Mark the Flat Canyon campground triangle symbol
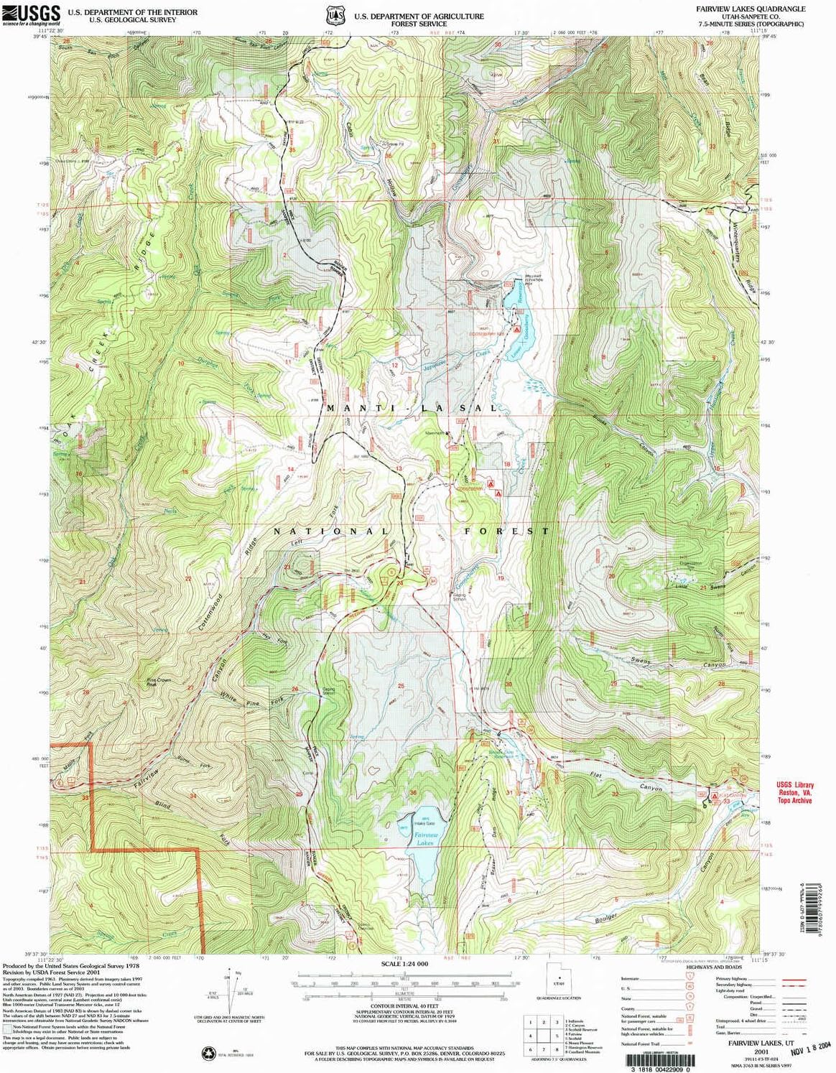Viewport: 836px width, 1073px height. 715,796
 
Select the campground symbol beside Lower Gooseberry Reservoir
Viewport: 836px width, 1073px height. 516,328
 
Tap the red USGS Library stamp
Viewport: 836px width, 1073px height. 794,792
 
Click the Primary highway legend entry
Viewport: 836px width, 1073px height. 761,979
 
